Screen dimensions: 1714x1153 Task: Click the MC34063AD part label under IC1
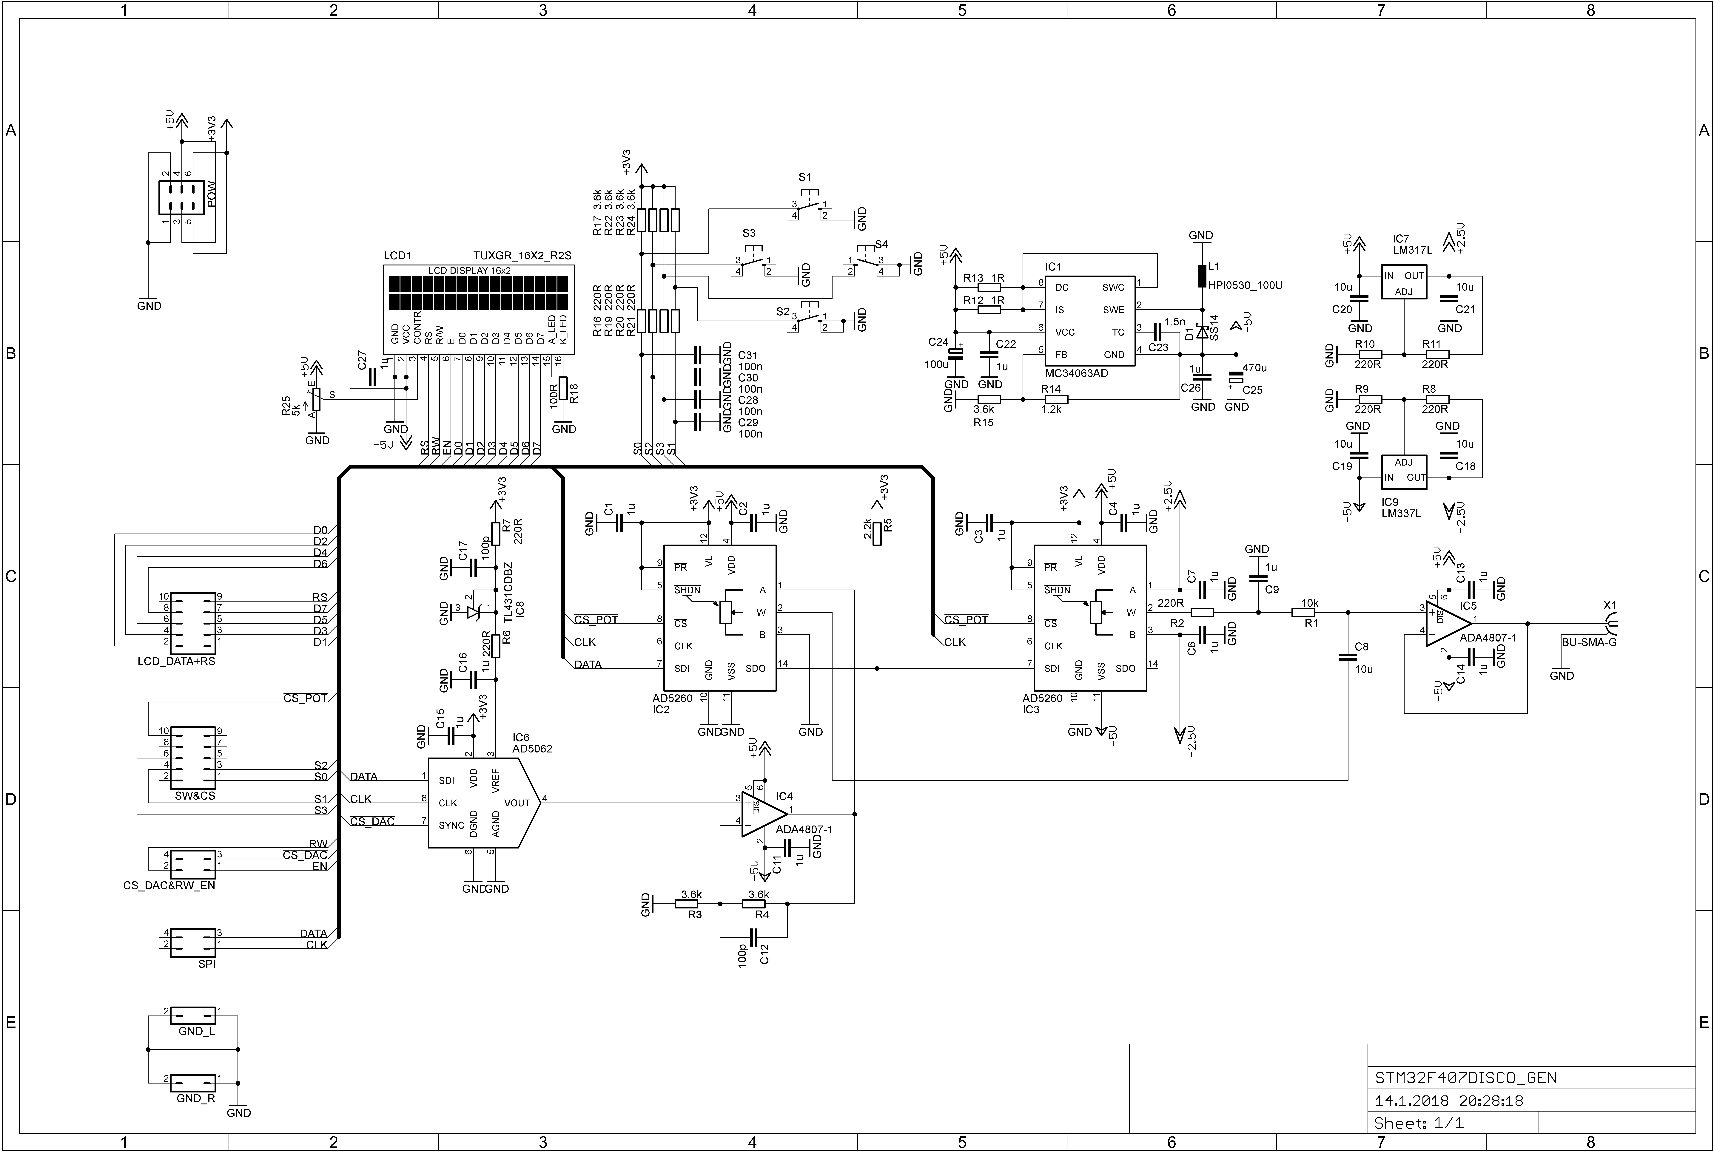(1076, 374)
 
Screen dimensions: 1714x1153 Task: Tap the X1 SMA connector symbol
(1611, 627)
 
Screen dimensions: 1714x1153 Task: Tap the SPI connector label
(207, 964)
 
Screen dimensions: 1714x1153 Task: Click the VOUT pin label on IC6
(517, 803)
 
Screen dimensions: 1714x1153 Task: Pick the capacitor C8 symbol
(1348, 657)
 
